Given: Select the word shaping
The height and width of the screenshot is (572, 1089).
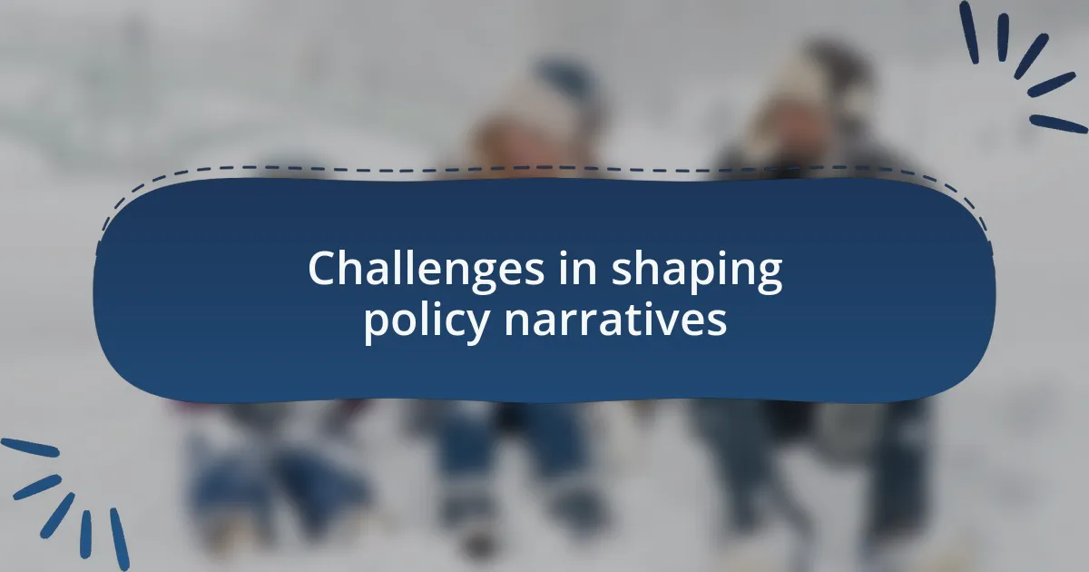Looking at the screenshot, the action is tap(697, 271).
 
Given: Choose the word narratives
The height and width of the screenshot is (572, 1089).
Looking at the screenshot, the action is tap(615, 320).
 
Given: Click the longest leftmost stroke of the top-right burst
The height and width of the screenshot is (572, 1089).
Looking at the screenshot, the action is tap(969, 32).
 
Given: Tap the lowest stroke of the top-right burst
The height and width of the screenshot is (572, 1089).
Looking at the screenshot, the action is tap(1058, 123).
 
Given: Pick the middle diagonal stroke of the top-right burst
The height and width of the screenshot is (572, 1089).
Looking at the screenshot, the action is tap(1031, 56).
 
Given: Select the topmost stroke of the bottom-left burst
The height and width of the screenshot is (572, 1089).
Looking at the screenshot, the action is tap(30, 448).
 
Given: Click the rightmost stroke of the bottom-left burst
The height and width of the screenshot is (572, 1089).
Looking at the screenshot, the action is tap(120, 539).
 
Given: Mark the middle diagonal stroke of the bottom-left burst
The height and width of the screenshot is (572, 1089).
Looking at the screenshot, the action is tap(57, 515).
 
